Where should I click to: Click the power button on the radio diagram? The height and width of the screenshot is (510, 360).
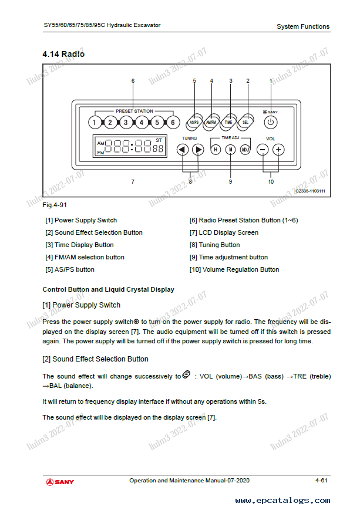(x=270, y=122)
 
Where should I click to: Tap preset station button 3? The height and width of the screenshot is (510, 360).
(x=126, y=123)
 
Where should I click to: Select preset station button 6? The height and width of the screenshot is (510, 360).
(x=172, y=123)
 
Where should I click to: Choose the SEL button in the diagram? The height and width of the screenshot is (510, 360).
(x=245, y=121)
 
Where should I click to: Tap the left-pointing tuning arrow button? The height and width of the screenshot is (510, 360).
(x=182, y=149)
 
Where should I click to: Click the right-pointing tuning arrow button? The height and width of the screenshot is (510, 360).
(x=198, y=149)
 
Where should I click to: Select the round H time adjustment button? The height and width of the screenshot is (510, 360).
(x=216, y=149)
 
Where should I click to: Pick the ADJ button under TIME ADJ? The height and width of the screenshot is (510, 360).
(x=245, y=149)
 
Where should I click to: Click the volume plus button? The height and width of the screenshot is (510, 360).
(x=278, y=149)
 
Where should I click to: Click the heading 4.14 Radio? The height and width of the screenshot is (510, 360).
(x=63, y=54)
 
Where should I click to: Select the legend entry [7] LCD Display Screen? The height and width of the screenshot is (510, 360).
(x=224, y=232)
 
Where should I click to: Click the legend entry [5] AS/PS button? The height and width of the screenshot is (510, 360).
(x=70, y=269)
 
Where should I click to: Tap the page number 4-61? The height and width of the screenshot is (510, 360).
(x=321, y=481)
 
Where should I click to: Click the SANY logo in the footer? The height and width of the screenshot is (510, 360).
(x=60, y=482)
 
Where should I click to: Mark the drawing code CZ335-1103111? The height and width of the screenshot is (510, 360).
(x=310, y=191)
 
